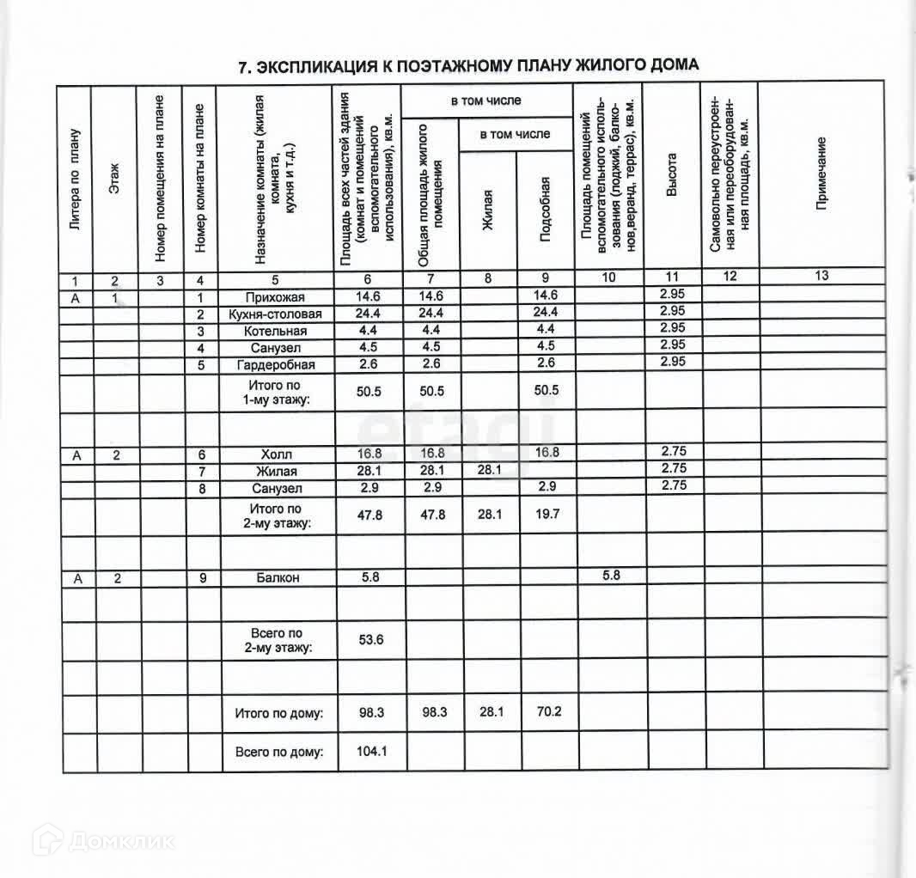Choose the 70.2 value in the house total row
click(547, 712)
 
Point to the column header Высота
click(672, 176)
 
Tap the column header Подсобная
click(545, 210)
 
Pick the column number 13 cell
click(821, 276)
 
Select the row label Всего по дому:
click(279, 752)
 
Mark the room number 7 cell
click(202, 471)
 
